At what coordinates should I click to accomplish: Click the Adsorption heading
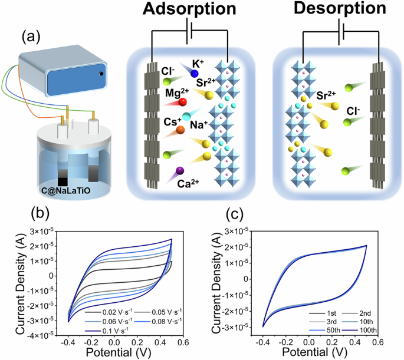(186, 11)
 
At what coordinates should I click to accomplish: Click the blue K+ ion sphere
(195, 72)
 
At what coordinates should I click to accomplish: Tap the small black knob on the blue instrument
(101, 73)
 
